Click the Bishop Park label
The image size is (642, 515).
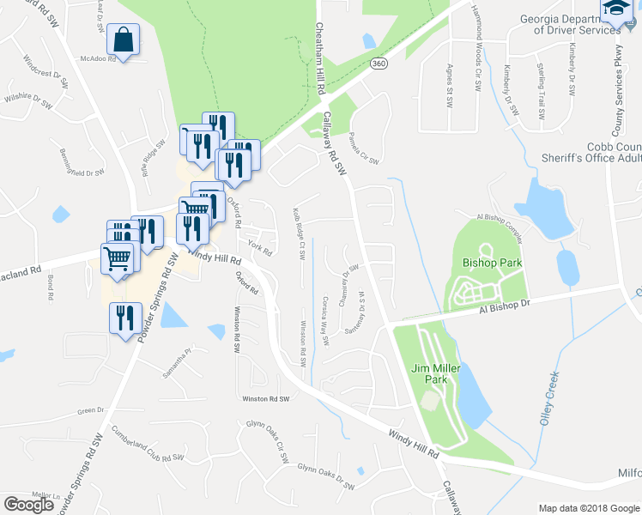(486, 261)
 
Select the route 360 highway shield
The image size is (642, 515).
(379, 64)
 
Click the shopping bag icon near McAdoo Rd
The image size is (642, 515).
(124, 39)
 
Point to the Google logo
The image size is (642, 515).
(29, 504)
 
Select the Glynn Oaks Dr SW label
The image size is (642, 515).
(325, 477)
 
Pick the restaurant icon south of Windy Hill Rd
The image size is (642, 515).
(126, 318)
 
